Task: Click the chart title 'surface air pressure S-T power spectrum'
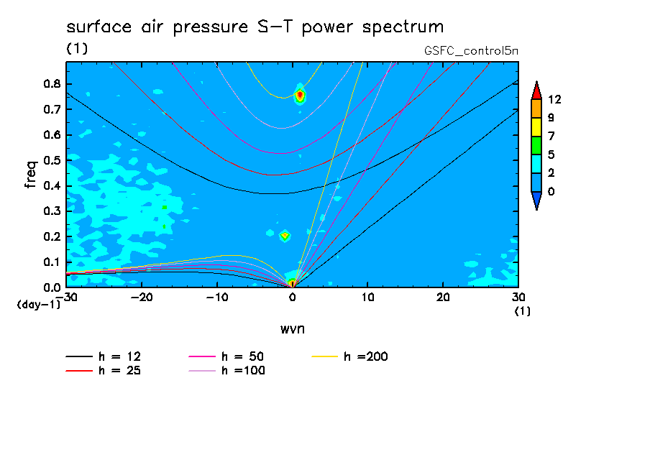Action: pyautogui.click(x=255, y=27)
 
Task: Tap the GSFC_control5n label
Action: pyautogui.click(x=472, y=52)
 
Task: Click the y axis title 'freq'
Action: pyautogui.click(x=30, y=174)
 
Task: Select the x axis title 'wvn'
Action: pyautogui.click(x=291, y=328)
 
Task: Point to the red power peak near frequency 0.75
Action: pyautogui.click(x=300, y=95)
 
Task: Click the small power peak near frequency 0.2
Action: pyautogui.click(x=285, y=235)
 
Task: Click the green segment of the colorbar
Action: pyautogui.click(x=536, y=145)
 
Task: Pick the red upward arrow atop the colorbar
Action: pyautogui.click(x=536, y=90)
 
